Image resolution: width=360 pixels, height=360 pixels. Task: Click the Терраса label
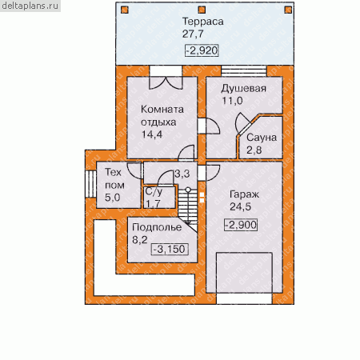click(x=202, y=22)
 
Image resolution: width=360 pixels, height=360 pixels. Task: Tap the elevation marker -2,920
click(x=202, y=50)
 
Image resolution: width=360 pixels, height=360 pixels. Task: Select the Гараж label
click(x=244, y=194)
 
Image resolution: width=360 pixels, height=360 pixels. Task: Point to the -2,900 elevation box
click(x=241, y=225)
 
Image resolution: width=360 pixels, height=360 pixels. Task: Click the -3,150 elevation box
click(x=170, y=250)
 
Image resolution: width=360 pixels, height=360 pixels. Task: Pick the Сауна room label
click(x=262, y=138)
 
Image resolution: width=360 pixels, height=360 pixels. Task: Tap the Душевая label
click(x=243, y=88)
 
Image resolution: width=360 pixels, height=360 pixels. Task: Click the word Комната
click(x=162, y=110)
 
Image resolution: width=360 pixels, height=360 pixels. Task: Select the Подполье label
click(x=157, y=227)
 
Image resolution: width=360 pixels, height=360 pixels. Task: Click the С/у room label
click(x=154, y=191)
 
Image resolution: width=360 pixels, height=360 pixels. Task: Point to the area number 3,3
click(x=182, y=174)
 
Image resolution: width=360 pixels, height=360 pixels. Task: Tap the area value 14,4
click(x=151, y=134)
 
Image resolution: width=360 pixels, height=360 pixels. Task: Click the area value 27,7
click(x=193, y=34)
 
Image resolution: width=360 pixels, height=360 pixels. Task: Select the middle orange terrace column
click(x=202, y=10)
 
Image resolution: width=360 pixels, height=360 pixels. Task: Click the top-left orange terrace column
click(x=125, y=10)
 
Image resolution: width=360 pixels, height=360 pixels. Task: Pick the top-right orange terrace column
click(x=288, y=10)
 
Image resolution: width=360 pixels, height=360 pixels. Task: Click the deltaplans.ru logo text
click(x=30, y=6)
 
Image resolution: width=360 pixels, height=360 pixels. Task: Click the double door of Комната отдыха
click(x=166, y=82)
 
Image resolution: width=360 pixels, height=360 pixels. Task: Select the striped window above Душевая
click(x=244, y=71)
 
